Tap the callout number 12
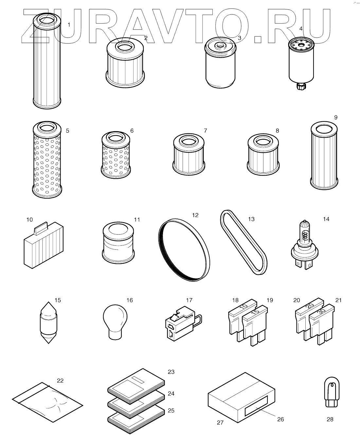pyautogui.click(x=195, y=215)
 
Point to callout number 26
pyautogui.click(x=280, y=419)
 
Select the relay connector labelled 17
pyautogui.click(x=183, y=324)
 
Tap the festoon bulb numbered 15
pyautogui.click(x=48, y=323)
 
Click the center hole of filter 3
pyautogui.click(x=220, y=45)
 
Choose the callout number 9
pyautogui.click(x=336, y=117)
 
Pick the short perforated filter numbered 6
pyautogui.click(x=116, y=155)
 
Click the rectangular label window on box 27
pyautogui.click(x=256, y=406)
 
